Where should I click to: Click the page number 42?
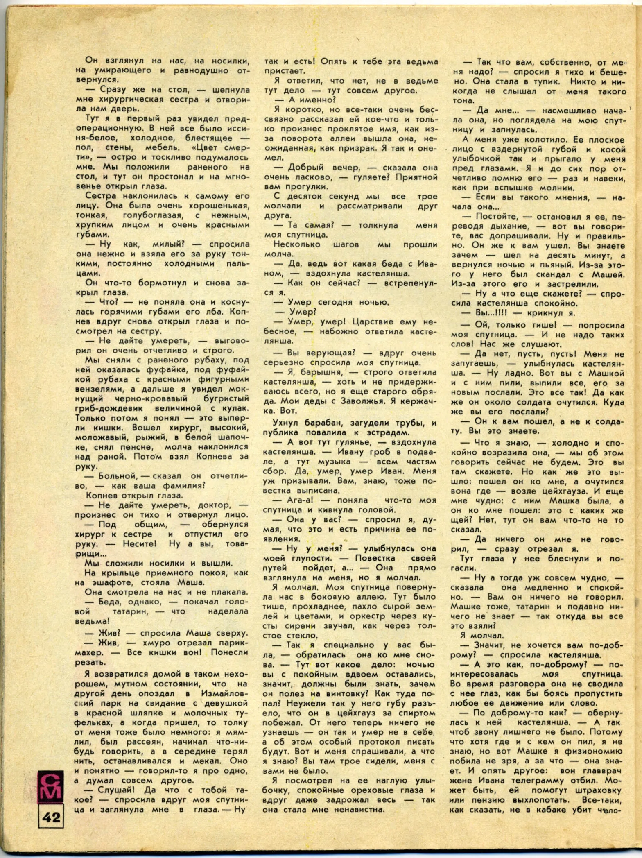pyautogui.click(x=51, y=817)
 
